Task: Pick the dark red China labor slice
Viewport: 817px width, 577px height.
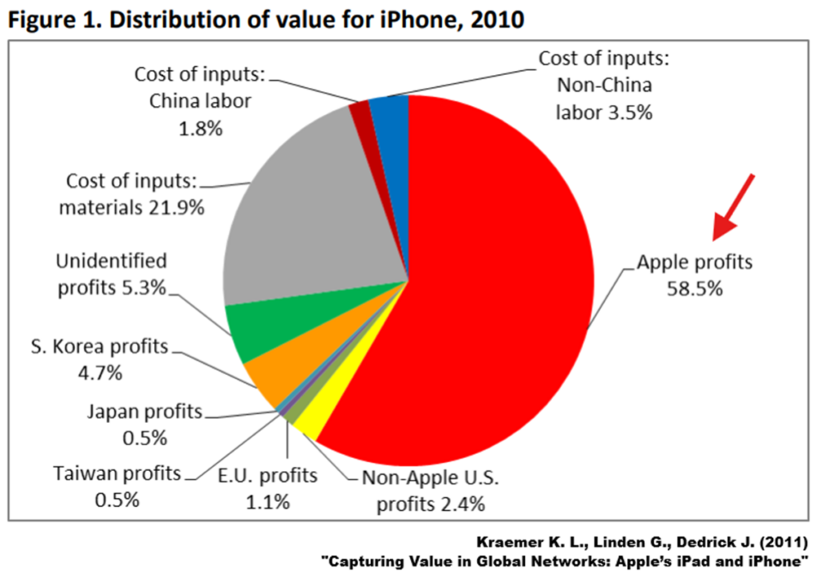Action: [361, 114]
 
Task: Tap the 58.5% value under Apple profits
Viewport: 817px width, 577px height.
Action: [694, 288]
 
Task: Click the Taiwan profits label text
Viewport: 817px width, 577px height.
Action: [118, 473]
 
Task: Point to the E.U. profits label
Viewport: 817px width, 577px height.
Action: [266, 475]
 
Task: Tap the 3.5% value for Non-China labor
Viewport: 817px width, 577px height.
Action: [628, 112]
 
